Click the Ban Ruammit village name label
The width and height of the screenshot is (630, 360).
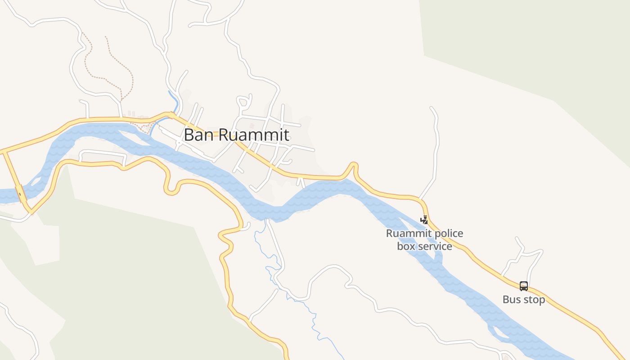click(x=236, y=135)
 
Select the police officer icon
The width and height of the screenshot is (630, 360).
click(x=424, y=220)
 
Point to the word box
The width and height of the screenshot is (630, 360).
click(x=406, y=247)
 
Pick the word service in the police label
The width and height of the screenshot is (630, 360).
click(x=435, y=247)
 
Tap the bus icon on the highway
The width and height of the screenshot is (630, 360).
click(x=524, y=286)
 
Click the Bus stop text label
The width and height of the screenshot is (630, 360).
click(x=524, y=300)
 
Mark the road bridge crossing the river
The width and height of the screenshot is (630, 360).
click(x=20, y=193)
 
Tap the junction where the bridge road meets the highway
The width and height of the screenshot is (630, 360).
click(x=4, y=152)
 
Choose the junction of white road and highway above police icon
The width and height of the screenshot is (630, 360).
click(x=419, y=198)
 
